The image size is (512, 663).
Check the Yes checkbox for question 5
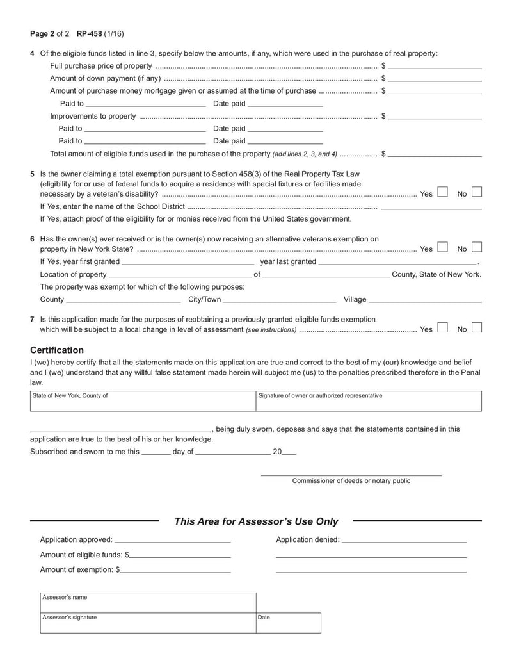[x=442, y=192]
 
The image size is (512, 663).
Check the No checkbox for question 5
[x=476, y=192]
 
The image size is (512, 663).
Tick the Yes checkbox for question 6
[x=442, y=247]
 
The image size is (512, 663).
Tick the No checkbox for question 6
[x=476, y=247]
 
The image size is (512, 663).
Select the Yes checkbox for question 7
[x=442, y=328]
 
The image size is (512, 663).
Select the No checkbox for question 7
[x=476, y=328]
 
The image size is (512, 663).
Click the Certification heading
[x=57, y=350]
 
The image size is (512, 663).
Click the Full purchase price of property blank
[x=435, y=66]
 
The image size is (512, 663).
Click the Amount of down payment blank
[x=435, y=79]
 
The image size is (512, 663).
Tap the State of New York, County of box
[x=142, y=402]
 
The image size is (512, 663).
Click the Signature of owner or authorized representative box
[x=368, y=402]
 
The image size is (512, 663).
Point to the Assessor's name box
[x=147, y=602]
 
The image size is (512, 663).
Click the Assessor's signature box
[x=147, y=623]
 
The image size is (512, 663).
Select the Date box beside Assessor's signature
[x=288, y=623]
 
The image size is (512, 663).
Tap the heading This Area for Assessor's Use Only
[x=256, y=521]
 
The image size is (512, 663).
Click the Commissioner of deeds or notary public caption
[x=351, y=481]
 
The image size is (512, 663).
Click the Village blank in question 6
[x=425, y=300]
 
